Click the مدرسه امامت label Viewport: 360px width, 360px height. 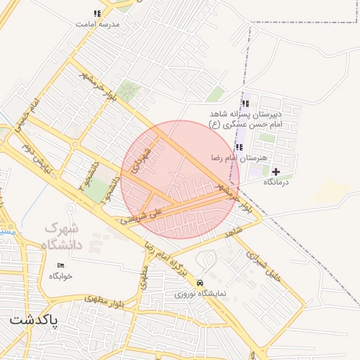[99, 24]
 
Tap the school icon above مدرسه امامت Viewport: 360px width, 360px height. [97, 13]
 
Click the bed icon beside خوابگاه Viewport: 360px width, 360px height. [60, 265]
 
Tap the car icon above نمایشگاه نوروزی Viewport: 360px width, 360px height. [201, 283]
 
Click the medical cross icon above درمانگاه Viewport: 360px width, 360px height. [276, 172]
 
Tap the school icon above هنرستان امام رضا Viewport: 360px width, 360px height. [240, 147]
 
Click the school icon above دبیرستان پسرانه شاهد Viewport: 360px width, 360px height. [245, 103]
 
